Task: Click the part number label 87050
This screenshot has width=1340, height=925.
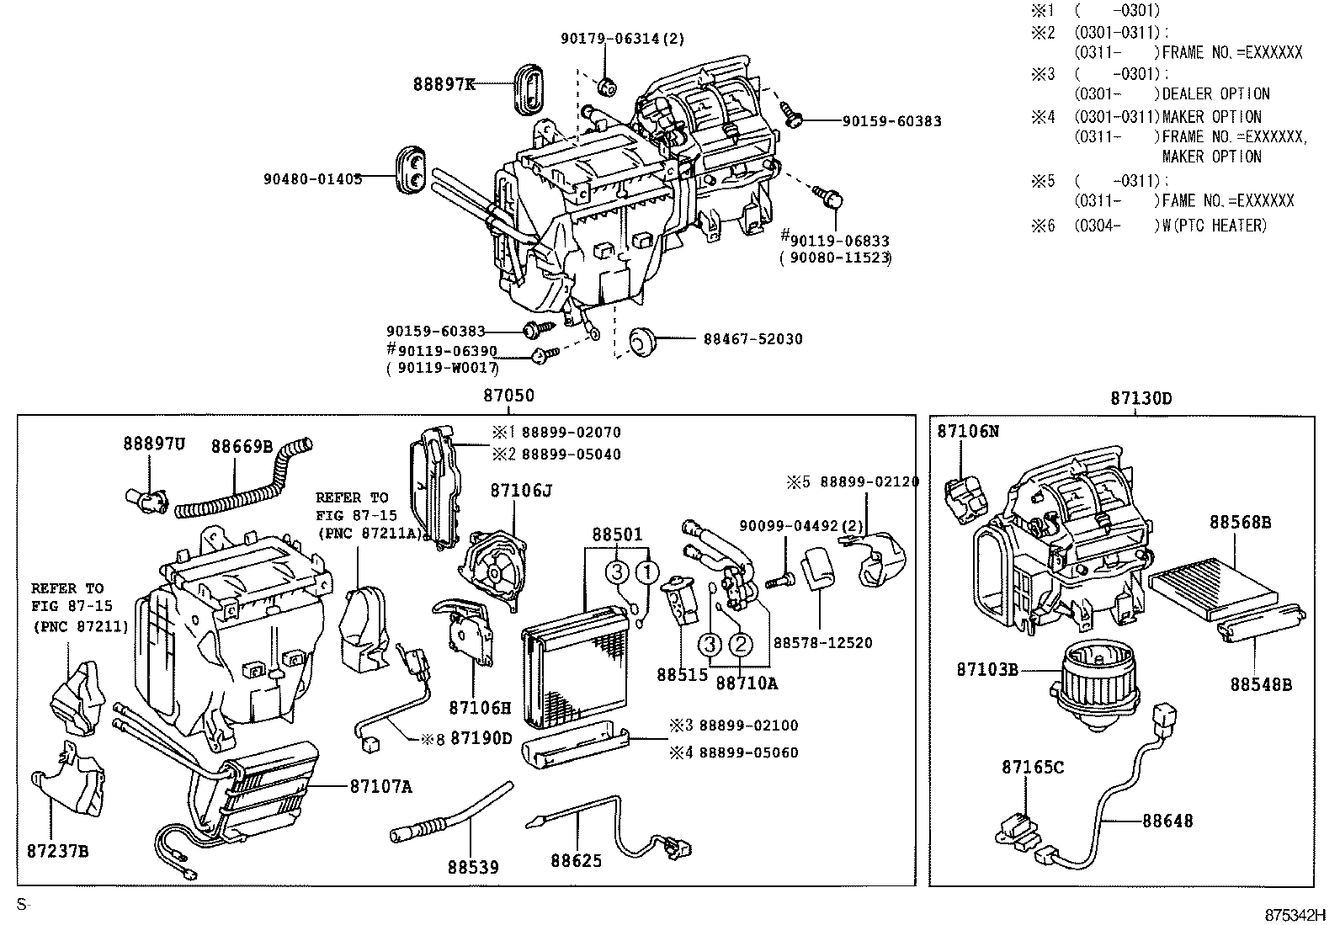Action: click(508, 396)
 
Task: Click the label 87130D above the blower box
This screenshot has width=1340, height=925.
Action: click(1141, 398)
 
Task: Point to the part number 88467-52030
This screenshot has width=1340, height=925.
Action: click(752, 339)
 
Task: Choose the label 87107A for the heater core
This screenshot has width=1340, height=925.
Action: click(381, 786)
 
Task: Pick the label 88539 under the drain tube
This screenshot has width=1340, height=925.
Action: click(472, 866)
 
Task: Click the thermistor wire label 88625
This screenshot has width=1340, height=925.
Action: click(577, 860)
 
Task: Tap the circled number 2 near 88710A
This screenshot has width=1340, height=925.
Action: click(739, 645)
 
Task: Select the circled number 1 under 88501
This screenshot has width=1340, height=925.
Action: click(646, 572)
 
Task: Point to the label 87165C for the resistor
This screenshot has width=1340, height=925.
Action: click(1032, 767)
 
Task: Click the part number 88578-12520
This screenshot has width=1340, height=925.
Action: click(822, 642)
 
